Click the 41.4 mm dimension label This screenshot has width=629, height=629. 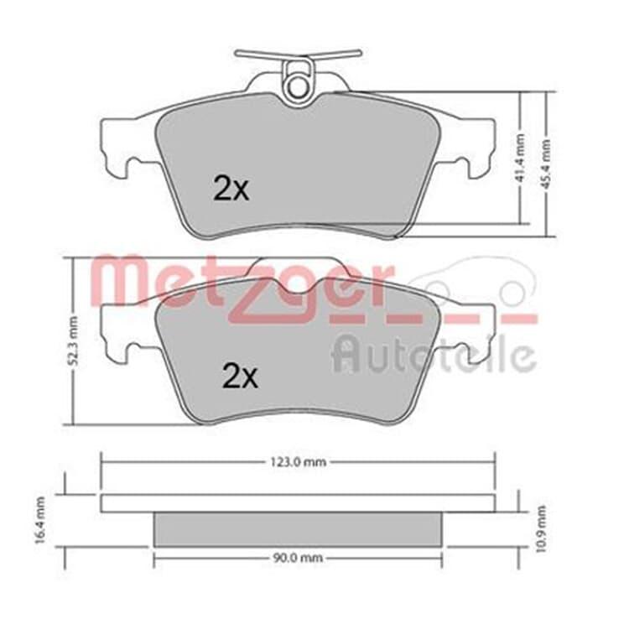coord(520,158)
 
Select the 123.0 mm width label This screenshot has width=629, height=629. coord(297,462)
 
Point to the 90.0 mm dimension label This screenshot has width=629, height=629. coord(298,558)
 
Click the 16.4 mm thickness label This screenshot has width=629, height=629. coord(39,520)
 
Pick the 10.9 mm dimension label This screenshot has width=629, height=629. coord(541,528)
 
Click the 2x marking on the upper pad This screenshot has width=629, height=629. coord(231,189)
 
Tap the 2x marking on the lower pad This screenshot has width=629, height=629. coord(240,376)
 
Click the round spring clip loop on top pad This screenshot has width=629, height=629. coord(297,84)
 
